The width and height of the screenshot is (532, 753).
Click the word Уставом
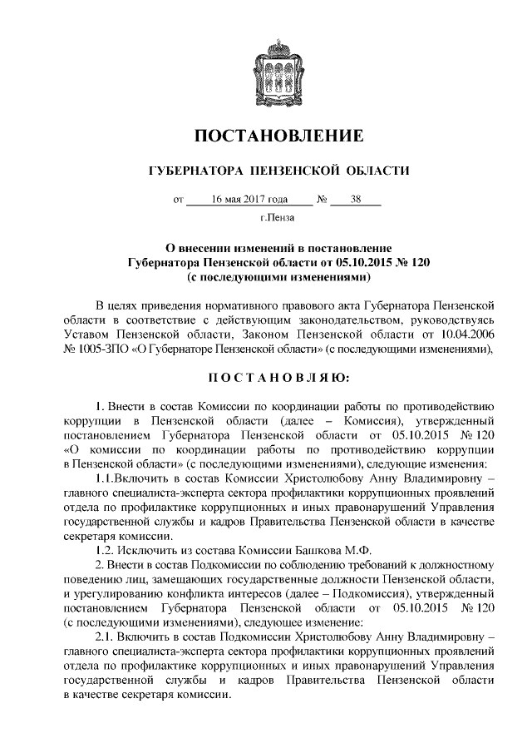(x=86, y=334)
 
